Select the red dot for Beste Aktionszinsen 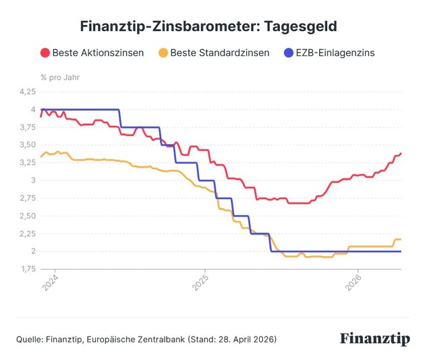45,53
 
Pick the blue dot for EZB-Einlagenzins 290,53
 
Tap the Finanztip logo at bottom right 374,338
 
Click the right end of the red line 401,154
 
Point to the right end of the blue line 401,251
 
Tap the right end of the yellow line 401,239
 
